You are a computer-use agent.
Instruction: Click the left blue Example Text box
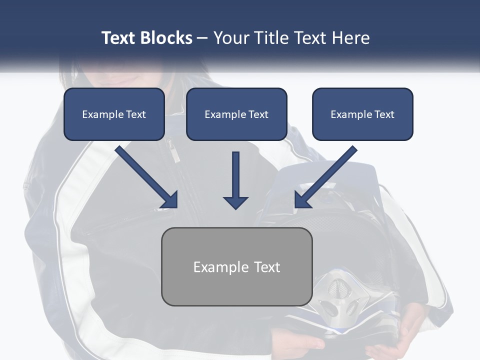(x=114, y=114)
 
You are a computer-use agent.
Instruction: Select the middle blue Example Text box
(x=236, y=114)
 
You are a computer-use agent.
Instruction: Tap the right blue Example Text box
(x=362, y=114)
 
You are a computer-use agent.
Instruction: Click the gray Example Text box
(x=236, y=266)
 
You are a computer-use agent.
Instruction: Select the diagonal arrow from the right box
(x=327, y=175)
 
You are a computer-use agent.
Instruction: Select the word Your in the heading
(x=230, y=38)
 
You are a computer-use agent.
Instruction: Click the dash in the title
(x=202, y=38)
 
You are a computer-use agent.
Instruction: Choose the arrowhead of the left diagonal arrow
(x=170, y=200)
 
